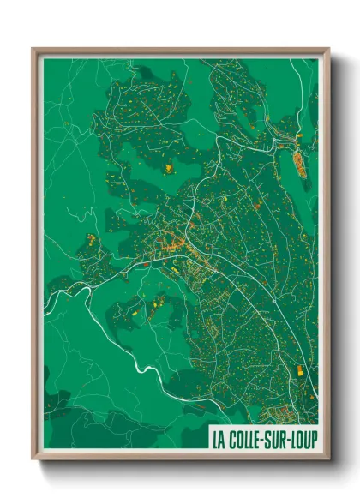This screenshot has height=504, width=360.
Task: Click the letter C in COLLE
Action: (231, 438)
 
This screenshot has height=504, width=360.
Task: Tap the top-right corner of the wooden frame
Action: (328, 49)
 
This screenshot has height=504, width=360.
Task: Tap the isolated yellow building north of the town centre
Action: (169, 168)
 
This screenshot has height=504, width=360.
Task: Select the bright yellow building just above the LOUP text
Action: (300, 370)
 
